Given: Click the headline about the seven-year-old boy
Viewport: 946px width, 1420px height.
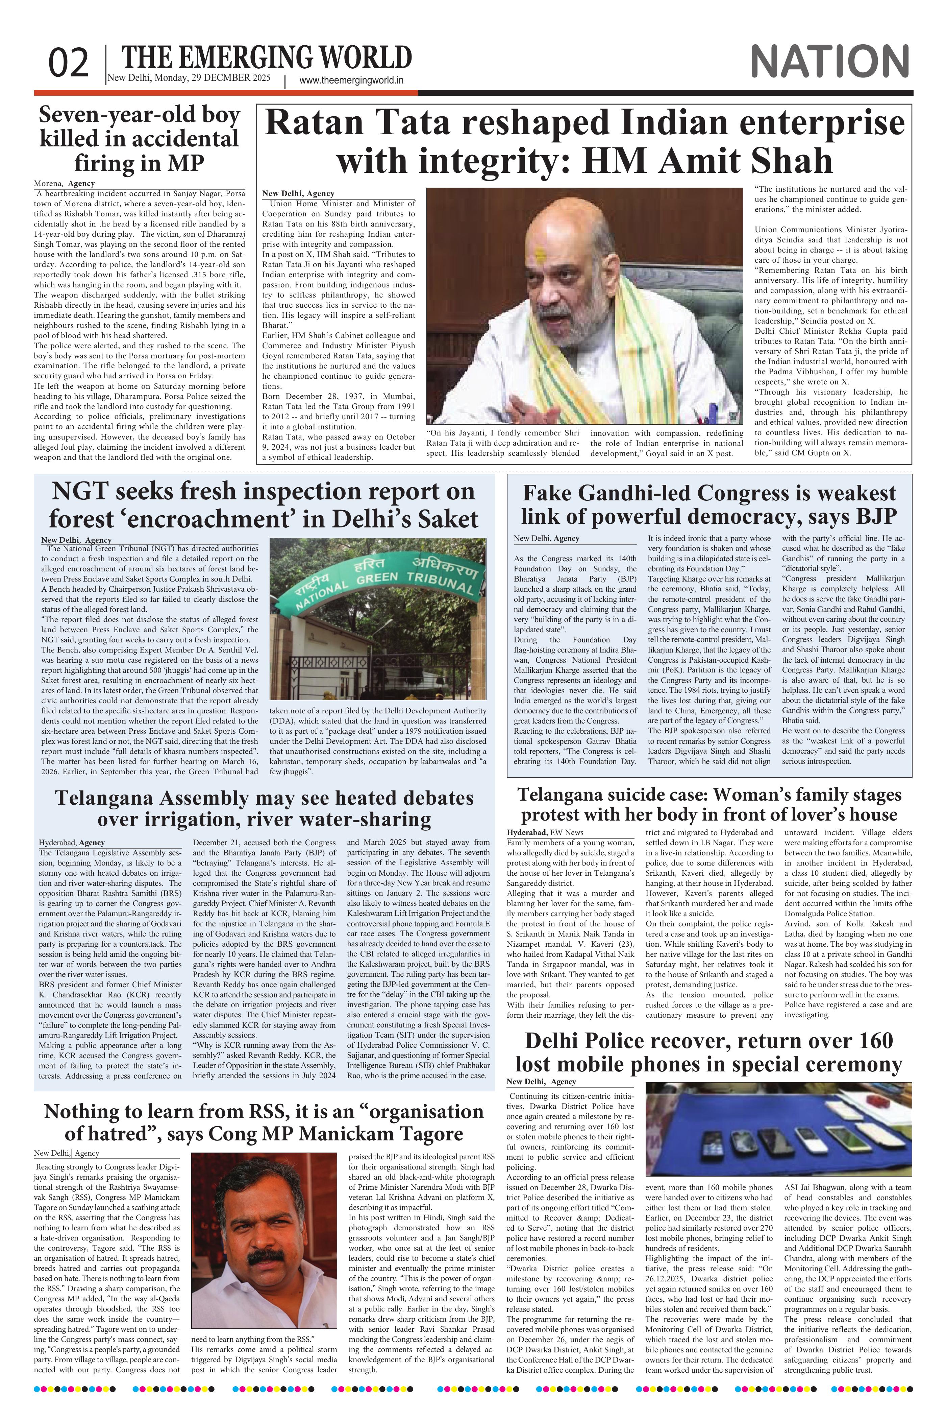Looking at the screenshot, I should click(x=139, y=139).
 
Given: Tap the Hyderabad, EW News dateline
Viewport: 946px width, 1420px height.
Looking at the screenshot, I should click(x=545, y=832).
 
